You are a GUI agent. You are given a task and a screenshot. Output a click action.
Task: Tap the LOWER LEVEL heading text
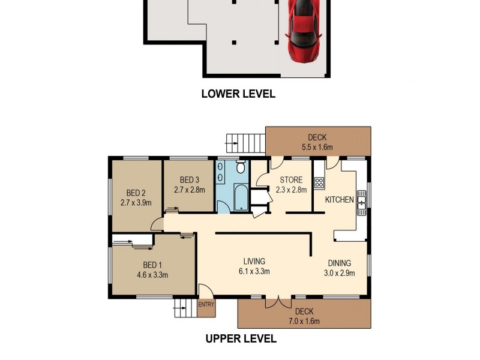click(x=238, y=94)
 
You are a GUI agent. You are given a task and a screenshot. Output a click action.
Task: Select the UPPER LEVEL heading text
click(x=241, y=338)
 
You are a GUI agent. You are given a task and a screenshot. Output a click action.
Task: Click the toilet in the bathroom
click(x=241, y=167)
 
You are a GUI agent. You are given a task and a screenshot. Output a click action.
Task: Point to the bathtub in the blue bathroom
click(x=241, y=199)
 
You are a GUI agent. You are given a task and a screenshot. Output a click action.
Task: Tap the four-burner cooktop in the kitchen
click(x=319, y=183)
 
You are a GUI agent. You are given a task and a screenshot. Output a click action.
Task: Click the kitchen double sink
click(x=362, y=202)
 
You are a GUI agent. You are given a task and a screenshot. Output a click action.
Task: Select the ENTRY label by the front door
click(x=205, y=305)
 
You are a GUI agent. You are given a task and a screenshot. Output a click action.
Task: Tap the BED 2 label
click(x=136, y=193)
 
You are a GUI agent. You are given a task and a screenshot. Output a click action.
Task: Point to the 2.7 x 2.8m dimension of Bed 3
click(x=190, y=190)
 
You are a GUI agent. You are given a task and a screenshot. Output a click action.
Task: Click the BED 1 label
click(x=152, y=265)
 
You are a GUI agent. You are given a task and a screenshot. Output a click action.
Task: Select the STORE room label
click(x=290, y=179)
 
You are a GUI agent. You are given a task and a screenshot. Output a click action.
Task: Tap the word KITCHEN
click(x=339, y=200)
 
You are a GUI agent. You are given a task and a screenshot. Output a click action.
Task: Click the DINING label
click(x=339, y=263)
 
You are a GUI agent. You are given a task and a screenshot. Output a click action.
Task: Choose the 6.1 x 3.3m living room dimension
click(x=254, y=271)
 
